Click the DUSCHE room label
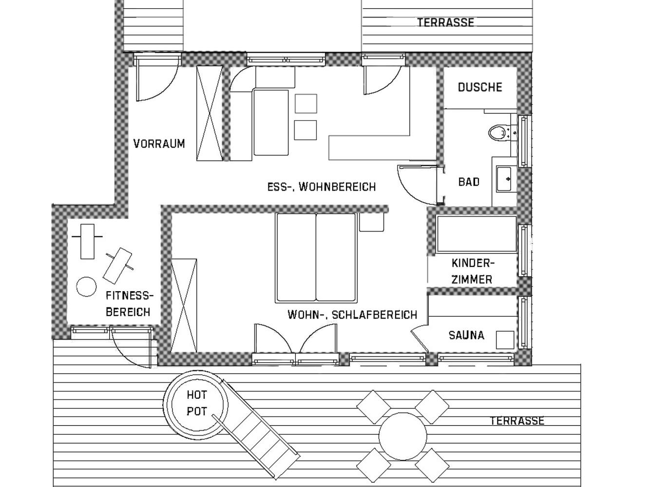(x=480, y=87)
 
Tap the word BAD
(x=469, y=182)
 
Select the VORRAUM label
(x=159, y=144)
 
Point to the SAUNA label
(x=466, y=335)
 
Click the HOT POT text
(x=197, y=403)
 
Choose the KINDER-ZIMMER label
(x=472, y=271)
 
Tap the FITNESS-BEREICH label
(x=130, y=303)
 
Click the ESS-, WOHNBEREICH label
(x=321, y=187)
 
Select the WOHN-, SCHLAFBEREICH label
(x=352, y=315)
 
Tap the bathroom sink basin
(x=504, y=179)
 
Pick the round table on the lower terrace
(x=403, y=436)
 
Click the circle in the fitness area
(x=86, y=286)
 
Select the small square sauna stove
(x=505, y=339)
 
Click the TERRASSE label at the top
(x=446, y=22)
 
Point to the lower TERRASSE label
(x=517, y=421)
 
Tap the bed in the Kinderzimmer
(x=477, y=234)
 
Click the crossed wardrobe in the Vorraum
(x=210, y=113)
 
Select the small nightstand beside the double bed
(x=372, y=222)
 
